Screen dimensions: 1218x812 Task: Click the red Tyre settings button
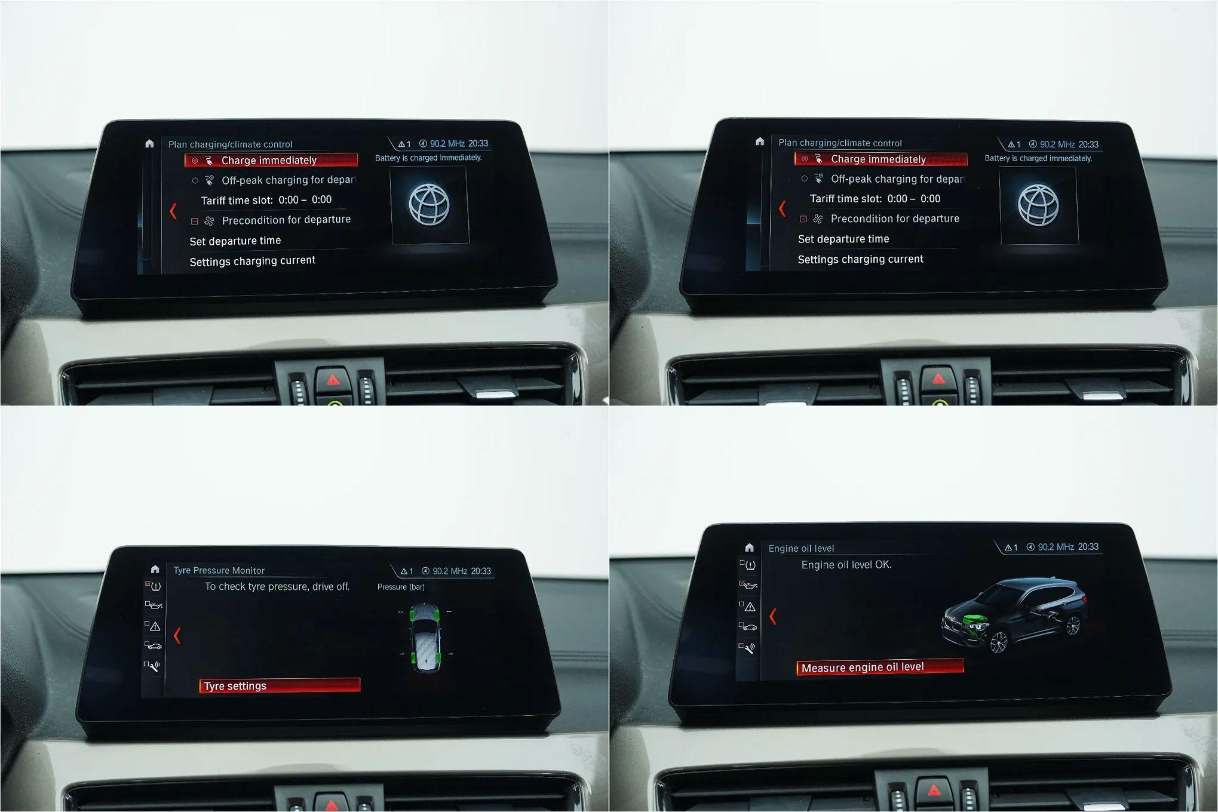[280, 685]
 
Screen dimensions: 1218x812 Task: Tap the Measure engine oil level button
[880, 667]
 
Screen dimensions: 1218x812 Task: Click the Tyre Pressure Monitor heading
[219, 570]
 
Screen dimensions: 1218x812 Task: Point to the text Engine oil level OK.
[846, 564]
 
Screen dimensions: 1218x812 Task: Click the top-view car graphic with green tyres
[425, 637]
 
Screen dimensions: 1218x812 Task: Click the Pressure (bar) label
[401, 587]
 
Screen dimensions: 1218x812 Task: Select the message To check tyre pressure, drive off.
[277, 586]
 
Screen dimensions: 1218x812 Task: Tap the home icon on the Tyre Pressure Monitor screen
[155, 569]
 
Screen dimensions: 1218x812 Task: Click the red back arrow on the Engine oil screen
[773, 616]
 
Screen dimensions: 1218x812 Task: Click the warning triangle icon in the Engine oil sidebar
[750, 607]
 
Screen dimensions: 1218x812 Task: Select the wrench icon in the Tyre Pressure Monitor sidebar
[154, 666]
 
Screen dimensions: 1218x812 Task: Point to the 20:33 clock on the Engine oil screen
[1088, 547]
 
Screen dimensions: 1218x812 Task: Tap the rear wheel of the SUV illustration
[1073, 625]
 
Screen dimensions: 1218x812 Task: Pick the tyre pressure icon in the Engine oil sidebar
[750, 565]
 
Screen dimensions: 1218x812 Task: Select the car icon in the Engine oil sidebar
[749, 627]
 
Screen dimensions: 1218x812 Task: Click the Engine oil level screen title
[801, 548]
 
